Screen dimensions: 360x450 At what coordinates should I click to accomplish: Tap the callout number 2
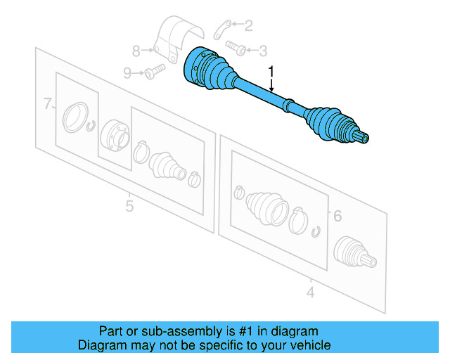[x=248, y=26]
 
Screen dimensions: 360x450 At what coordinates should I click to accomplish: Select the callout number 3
[x=263, y=50]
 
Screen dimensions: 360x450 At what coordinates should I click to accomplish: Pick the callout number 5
[x=129, y=206]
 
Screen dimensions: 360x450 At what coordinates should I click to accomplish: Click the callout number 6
[x=337, y=216]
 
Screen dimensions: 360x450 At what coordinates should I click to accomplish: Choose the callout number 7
[x=47, y=105]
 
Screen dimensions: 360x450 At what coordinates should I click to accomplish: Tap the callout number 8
[x=136, y=50]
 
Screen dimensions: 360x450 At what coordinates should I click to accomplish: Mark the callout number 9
[x=127, y=72]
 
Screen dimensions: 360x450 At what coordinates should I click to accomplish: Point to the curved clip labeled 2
[x=221, y=28]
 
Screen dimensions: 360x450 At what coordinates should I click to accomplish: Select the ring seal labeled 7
[x=74, y=116]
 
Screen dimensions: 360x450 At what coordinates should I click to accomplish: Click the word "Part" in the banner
[x=111, y=330]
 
